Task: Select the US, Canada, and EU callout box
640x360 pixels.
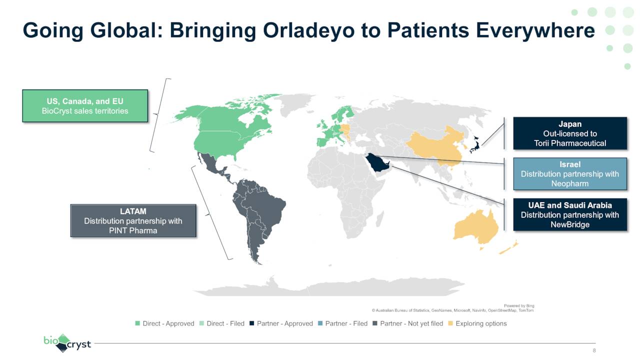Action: click(x=85, y=106)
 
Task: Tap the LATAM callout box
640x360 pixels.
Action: click(x=133, y=220)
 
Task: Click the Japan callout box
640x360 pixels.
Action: click(x=569, y=133)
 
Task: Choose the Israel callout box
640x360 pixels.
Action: click(x=569, y=174)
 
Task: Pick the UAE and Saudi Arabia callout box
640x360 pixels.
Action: click(x=569, y=215)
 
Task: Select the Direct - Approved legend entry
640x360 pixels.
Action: click(x=164, y=323)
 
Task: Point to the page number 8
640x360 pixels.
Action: click(x=594, y=350)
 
